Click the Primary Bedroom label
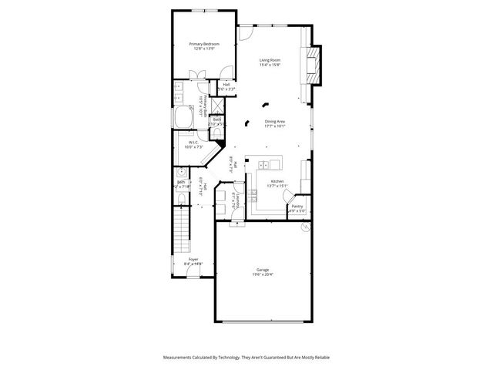pyautogui.click(x=205, y=44)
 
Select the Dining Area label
pyautogui.click(x=275, y=122)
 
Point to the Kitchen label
pyautogui.click(x=277, y=181)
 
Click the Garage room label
pyautogui.click(x=263, y=270)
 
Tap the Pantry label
pyautogui.click(x=297, y=207)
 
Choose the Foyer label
pyautogui.click(x=193, y=260)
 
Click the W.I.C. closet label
pyautogui.click(x=194, y=143)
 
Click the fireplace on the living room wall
pyautogui.click(x=313, y=65)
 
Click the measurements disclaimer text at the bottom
pyautogui.click(x=246, y=358)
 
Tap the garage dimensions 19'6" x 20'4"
pyautogui.click(x=263, y=274)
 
